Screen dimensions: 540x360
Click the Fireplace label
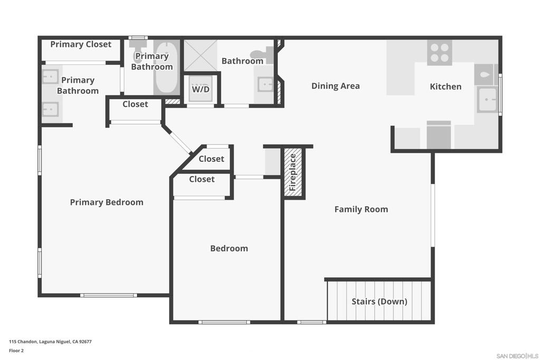(293, 172)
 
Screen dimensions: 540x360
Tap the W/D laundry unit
(200, 89)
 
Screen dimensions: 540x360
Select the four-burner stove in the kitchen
(439, 53)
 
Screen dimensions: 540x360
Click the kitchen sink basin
(487, 100)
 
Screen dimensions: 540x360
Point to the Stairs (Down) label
(379, 301)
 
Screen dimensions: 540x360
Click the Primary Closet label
(81, 44)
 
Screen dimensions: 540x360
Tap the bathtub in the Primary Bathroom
(166, 67)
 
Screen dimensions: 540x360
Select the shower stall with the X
(200, 55)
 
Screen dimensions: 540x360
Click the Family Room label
(361, 209)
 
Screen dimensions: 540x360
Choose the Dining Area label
(335, 86)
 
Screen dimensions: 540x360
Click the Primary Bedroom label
(107, 202)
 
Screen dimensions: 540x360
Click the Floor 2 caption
(16, 351)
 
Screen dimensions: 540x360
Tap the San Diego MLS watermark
(517, 356)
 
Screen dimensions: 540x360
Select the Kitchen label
(445, 86)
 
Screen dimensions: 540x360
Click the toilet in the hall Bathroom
(262, 55)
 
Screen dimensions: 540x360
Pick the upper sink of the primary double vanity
(50, 76)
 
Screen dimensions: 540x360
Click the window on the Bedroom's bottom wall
(224, 322)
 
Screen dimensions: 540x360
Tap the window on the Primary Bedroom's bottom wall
(109, 295)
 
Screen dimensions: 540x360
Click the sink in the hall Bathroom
(265, 84)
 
